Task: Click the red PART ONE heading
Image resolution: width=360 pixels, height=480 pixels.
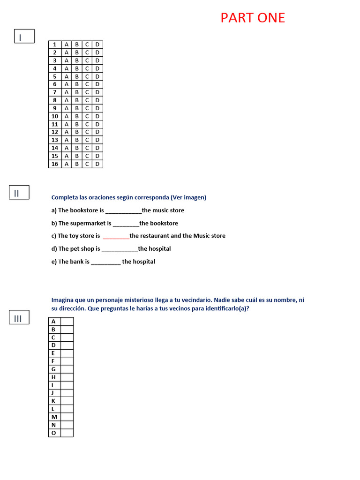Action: [x=253, y=18]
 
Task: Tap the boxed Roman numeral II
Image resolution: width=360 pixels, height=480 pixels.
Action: [x=19, y=192]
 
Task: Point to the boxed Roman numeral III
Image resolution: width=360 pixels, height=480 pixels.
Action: [x=19, y=318]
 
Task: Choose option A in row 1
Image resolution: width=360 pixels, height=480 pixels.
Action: [x=66, y=45]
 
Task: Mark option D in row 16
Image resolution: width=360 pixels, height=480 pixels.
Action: [x=97, y=164]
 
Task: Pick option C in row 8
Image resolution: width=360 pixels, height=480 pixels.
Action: [x=87, y=100]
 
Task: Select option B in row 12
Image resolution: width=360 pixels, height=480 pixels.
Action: [x=77, y=132]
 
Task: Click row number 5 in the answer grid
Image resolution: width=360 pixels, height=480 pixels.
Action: [x=55, y=76]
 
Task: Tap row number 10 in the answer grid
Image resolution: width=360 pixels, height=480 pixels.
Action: [x=55, y=116]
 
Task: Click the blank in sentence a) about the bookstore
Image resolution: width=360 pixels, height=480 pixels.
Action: [x=123, y=211]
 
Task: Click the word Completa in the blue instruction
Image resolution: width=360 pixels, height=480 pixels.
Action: [x=64, y=197]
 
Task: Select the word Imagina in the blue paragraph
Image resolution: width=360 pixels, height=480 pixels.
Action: [x=64, y=300]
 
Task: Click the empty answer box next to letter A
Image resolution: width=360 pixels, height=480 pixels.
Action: [x=67, y=322]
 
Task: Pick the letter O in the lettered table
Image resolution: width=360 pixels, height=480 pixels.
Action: [x=53, y=433]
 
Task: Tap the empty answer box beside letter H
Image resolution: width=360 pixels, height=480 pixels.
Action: [x=67, y=377]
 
